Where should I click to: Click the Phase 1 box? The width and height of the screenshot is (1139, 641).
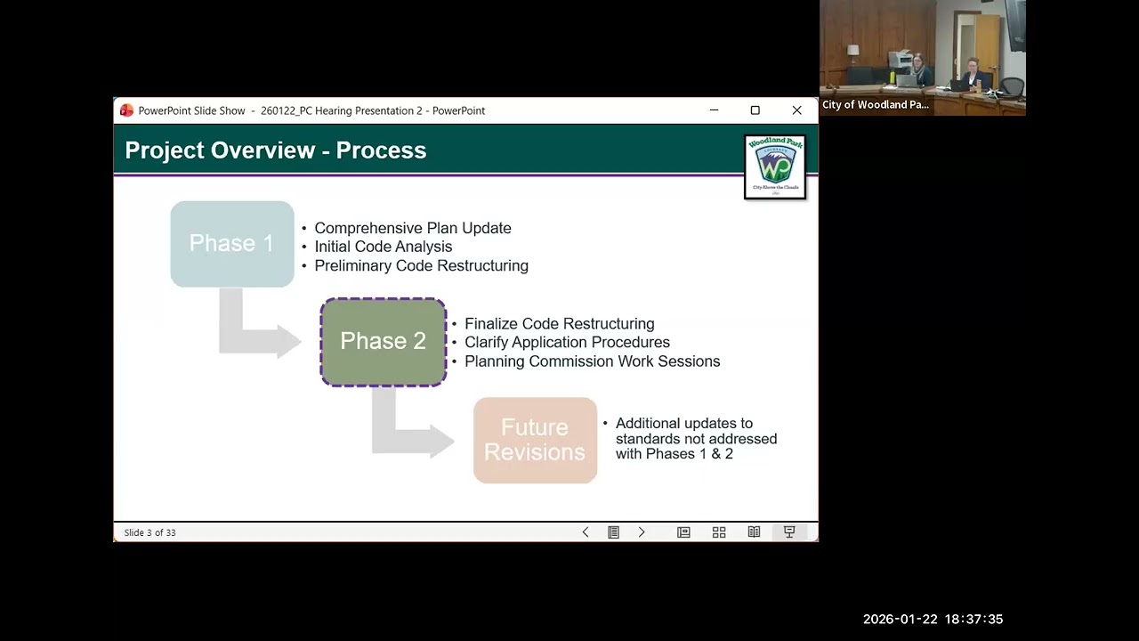click(x=231, y=244)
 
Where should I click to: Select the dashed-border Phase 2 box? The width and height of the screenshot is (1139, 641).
click(x=383, y=342)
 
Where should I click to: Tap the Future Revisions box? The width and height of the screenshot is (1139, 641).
click(x=535, y=440)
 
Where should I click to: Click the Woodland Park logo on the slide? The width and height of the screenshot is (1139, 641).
click(x=774, y=166)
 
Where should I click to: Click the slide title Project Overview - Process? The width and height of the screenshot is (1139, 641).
click(x=275, y=150)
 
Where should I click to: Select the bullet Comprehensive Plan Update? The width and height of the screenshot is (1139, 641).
click(x=412, y=228)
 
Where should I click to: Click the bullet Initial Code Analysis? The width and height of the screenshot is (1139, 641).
click(x=383, y=247)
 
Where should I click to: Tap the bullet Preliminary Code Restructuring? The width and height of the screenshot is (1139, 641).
click(x=421, y=265)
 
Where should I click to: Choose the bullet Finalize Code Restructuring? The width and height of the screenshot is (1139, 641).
click(x=559, y=324)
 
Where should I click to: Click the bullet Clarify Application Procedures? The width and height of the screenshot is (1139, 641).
click(x=567, y=343)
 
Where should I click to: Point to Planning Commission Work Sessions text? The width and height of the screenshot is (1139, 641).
click(x=592, y=361)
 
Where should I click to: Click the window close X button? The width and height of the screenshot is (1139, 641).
click(x=796, y=110)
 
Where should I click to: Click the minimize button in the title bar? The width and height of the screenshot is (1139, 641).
click(x=714, y=110)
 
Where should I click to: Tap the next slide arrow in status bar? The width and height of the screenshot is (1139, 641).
click(x=642, y=532)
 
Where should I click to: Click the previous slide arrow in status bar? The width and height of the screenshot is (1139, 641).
click(x=586, y=532)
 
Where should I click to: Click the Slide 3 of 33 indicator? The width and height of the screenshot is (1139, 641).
click(x=149, y=532)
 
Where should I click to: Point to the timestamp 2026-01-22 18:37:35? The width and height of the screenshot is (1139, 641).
click(x=933, y=620)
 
